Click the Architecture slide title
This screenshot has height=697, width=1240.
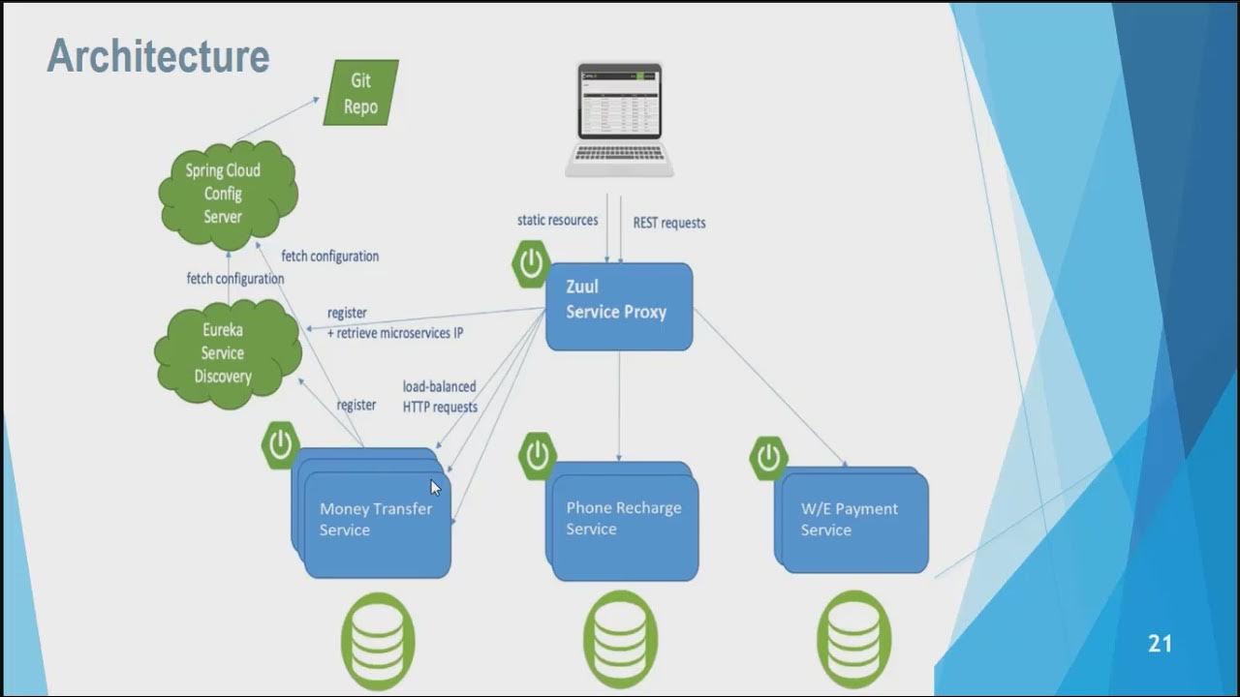click(158, 56)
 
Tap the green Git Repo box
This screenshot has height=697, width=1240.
click(360, 93)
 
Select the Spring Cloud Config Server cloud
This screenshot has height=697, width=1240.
click(226, 194)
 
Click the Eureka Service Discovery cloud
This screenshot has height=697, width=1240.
click(226, 352)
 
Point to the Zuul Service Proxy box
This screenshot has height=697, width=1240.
click(619, 306)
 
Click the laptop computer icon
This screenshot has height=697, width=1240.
click(620, 120)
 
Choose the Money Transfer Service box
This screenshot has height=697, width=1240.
click(376, 519)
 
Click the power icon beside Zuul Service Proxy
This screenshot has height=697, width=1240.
click(531, 263)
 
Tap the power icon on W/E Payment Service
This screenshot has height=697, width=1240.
click(768, 458)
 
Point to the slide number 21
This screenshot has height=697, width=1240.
click(1160, 644)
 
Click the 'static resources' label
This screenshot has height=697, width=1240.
click(557, 221)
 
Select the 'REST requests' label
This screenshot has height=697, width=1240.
click(669, 223)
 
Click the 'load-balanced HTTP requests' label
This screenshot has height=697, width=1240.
click(440, 397)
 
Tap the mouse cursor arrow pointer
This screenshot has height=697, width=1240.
click(436, 488)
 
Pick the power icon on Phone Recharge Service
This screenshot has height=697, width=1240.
click(538, 456)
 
